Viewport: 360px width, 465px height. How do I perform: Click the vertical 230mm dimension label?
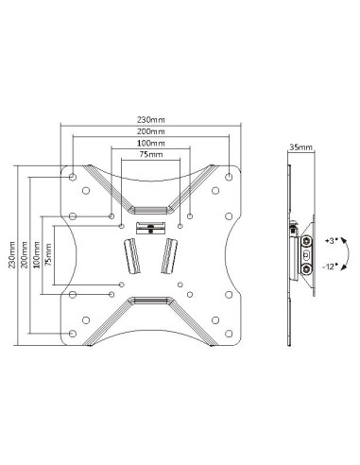pos(11,255)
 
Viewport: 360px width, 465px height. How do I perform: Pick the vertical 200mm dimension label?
pos(24,255)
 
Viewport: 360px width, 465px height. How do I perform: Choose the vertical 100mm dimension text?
pos(36,255)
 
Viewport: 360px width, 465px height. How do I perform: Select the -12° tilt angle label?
pos(332,267)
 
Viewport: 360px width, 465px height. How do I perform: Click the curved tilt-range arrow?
pos(347,255)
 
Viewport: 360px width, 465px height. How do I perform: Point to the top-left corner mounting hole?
pos(73,175)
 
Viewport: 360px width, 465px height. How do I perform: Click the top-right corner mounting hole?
pos(231,175)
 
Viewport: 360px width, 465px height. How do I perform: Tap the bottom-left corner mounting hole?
pos(73,333)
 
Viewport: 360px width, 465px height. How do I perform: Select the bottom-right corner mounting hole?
pos(231,333)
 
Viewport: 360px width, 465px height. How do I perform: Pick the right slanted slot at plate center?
pos(171,255)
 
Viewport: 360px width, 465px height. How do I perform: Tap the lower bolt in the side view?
pos(306,267)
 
